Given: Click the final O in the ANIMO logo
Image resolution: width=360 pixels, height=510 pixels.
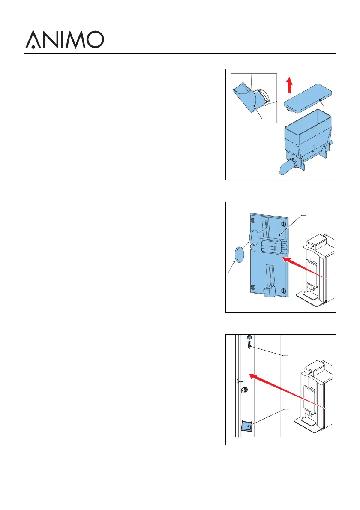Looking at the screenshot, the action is (x=95, y=39).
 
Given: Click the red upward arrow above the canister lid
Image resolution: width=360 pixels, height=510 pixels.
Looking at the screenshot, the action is (x=290, y=85).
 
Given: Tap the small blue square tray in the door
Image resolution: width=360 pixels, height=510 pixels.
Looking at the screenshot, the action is (x=246, y=426).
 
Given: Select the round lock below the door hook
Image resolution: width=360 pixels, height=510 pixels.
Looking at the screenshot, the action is (x=244, y=390).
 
